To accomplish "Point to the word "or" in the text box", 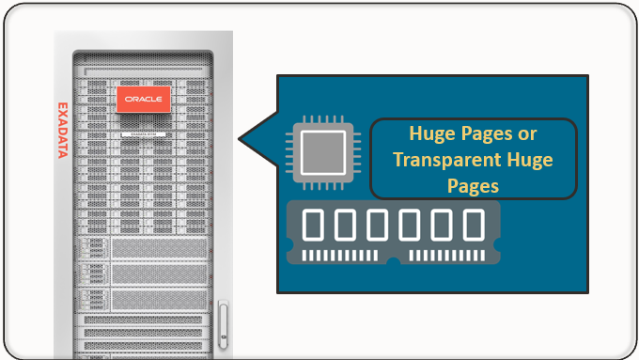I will (527, 134).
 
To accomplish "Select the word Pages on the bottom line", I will (473, 186).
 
